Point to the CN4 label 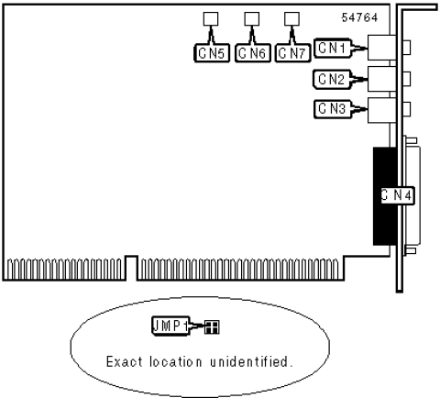pyautogui.click(x=396, y=194)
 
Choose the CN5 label pyautogui.click(x=211, y=52)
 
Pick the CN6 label pyautogui.click(x=252, y=52)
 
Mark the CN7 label pyautogui.click(x=292, y=52)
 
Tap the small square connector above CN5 pyautogui.click(x=211, y=18)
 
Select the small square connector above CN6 pyautogui.click(x=251, y=18)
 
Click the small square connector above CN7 pyautogui.click(x=291, y=18)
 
